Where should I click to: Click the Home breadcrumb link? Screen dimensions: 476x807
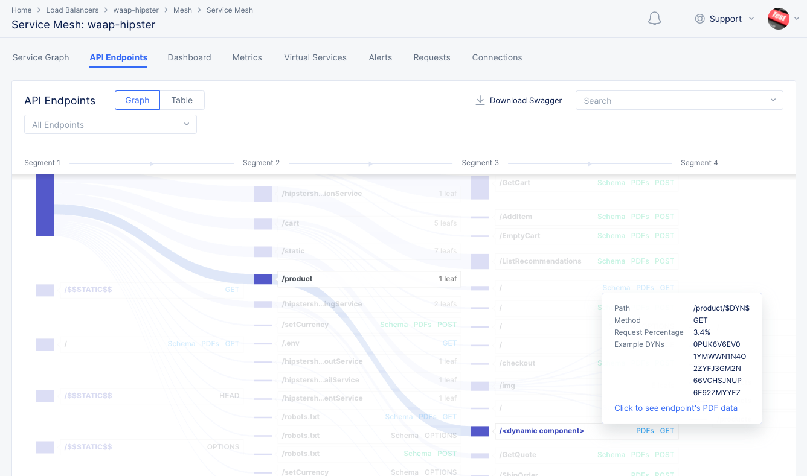pyautogui.click(x=21, y=10)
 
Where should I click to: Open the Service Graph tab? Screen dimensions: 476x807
pyautogui.click(x=41, y=57)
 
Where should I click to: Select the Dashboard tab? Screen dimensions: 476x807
pyautogui.click(x=189, y=57)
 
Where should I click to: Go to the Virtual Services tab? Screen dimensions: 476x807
pyautogui.click(x=315, y=57)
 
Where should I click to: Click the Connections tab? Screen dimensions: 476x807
pyautogui.click(x=497, y=57)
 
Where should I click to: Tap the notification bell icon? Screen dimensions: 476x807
pyautogui.click(x=654, y=19)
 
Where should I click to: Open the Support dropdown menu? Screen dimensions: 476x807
pyautogui.click(x=725, y=19)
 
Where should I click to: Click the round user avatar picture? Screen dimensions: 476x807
pyautogui.click(x=779, y=19)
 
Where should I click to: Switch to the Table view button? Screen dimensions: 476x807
pyautogui.click(x=182, y=100)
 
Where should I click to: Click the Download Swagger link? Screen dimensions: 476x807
pyautogui.click(x=519, y=100)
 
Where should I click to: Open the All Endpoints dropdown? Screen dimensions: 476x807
pyautogui.click(x=111, y=125)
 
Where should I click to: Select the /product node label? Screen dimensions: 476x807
pyautogui.click(x=297, y=279)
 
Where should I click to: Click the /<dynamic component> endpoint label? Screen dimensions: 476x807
pyautogui.click(x=542, y=431)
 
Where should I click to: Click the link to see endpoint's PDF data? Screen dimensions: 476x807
pyautogui.click(x=676, y=408)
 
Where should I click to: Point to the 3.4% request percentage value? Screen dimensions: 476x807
pyautogui.click(x=702, y=332)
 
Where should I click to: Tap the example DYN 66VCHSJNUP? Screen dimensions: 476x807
pyautogui.click(x=718, y=381)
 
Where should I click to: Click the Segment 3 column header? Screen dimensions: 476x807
pyautogui.click(x=480, y=163)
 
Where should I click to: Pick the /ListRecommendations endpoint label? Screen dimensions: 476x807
pyautogui.click(x=540, y=261)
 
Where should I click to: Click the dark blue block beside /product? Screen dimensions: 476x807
pyautogui.click(x=263, y=279)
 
